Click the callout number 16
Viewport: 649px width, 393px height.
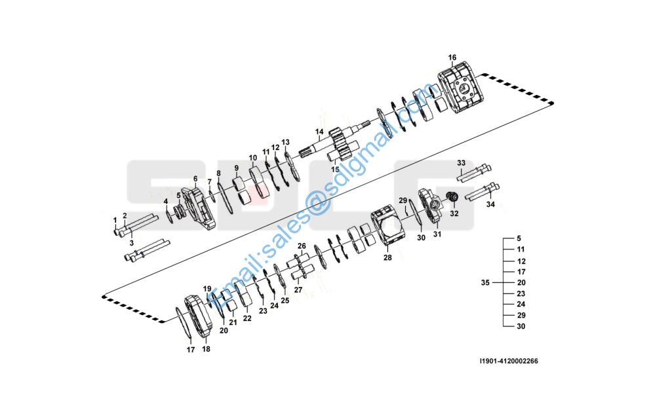[452, 58]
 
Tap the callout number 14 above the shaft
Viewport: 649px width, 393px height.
[319, 132]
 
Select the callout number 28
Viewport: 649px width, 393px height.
[387, 257]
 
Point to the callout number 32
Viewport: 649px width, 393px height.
[454, 214]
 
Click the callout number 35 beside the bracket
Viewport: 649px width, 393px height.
[485, 282]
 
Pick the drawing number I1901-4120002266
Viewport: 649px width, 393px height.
[509, 361]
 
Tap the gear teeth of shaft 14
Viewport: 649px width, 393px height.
[342, 145]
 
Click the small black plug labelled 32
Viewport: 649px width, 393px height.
[452, 197]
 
